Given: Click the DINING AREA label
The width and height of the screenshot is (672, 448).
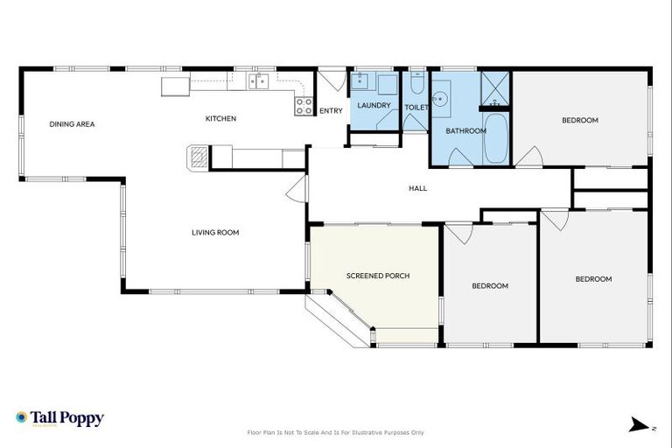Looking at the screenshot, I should pyautogui.click(x=72, y=124).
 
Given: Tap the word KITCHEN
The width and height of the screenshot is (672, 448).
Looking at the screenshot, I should pyautogui.click(x=220, y=119).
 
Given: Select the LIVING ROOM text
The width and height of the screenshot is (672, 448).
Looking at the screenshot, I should pyautogui.click(x=215, y=233).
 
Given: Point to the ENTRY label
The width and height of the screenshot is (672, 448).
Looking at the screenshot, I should pyautogui.click(x=331, y=111).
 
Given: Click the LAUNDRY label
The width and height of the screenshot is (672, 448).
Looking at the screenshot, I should pyautogui.click(x=374, y=106).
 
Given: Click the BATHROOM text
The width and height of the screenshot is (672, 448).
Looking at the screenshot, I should pyautogui.click(x=465, y=131).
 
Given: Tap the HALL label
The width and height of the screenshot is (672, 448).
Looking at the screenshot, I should pyautogui.click(x=418, y=188).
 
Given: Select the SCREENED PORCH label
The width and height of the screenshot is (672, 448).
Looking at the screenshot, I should pyautogui.click(x=378, y=276).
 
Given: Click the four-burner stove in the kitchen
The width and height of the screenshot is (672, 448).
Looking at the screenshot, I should pyautogui.click(x=304, y=107).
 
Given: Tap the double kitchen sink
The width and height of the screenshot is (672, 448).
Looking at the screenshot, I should pyautogui.click(x=258, y=82).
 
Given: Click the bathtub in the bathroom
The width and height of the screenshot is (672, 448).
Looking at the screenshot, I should pyautogui.click(x=495, y=139).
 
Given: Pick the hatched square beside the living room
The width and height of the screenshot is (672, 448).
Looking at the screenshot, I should pyautogui.click(x=199, y=157).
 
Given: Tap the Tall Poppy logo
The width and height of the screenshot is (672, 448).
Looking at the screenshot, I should pyautogui.click(x=59, y=419).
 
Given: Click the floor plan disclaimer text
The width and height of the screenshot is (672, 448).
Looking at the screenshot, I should pyautogui.click(x=336, y=432).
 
